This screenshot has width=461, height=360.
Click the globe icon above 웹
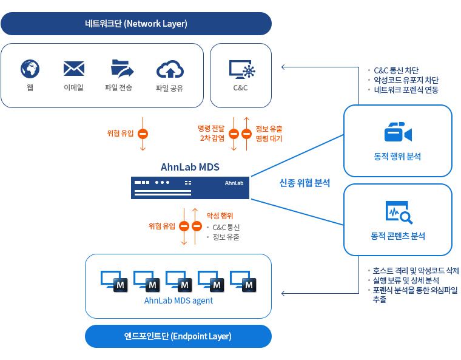click(30, 69)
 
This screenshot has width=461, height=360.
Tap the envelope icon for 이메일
click(73, 69)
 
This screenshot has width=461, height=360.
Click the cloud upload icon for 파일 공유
click(170, 69)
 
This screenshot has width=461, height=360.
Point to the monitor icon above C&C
click(241, 69)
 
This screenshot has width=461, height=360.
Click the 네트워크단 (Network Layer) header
click(136, 24)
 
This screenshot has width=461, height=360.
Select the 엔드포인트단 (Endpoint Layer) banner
click(178, 336)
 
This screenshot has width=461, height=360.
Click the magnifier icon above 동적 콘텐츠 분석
click(399, 212)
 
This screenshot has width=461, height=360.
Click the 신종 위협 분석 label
click(305, 182)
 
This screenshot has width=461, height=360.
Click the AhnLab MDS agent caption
click(178, 301)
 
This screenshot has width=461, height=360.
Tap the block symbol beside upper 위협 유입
click(143, 134)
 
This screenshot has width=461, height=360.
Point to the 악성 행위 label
click(220, 216)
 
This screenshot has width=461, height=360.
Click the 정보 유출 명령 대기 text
click(269, 134)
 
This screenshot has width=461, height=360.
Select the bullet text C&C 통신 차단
click(395, 70)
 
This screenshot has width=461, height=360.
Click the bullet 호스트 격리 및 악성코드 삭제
click(416, 271)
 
